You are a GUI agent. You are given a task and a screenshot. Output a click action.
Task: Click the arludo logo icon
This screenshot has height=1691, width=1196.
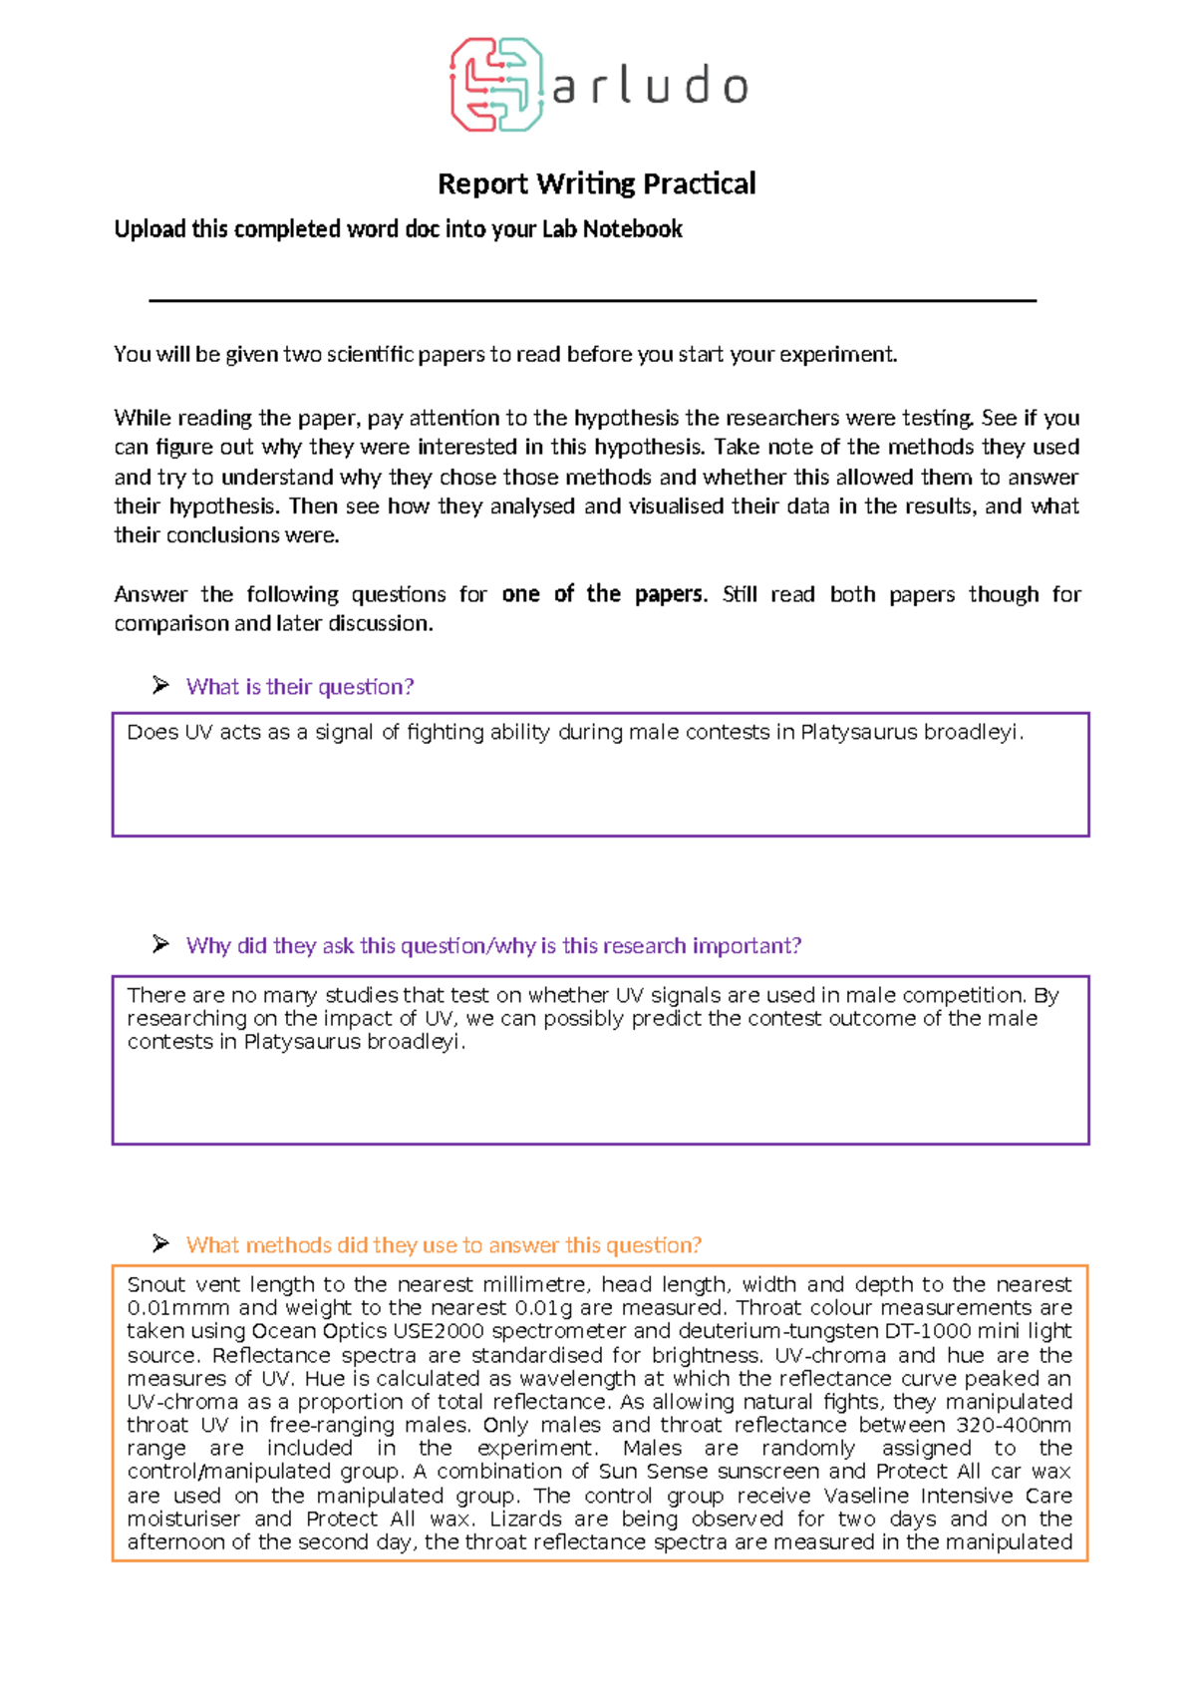(495, 85)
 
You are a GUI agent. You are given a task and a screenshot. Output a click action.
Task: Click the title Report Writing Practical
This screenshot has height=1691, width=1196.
(596, 183)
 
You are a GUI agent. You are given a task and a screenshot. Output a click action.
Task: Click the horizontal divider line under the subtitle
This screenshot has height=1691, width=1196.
(592, 300)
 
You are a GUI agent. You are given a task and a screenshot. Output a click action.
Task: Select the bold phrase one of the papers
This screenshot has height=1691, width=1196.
(603, 594)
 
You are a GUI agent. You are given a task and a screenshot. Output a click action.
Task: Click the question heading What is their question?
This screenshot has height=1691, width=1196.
(299, 686)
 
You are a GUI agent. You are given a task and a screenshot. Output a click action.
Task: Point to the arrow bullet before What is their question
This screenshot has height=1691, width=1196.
(160, 685)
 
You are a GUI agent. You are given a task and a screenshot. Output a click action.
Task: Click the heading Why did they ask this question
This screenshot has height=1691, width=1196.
(493, 945)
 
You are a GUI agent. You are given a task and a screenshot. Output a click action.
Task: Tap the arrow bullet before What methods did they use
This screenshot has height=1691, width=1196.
(160, 1243)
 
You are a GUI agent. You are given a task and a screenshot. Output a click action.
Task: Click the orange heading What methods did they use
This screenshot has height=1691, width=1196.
(444, 1244)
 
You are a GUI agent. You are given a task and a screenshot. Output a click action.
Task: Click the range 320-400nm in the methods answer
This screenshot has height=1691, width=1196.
(1014, 1424)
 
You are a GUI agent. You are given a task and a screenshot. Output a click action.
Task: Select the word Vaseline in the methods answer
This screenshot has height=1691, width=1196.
(867, 1495)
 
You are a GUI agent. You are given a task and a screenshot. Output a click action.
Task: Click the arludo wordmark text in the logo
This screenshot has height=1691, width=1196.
(649, 87)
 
